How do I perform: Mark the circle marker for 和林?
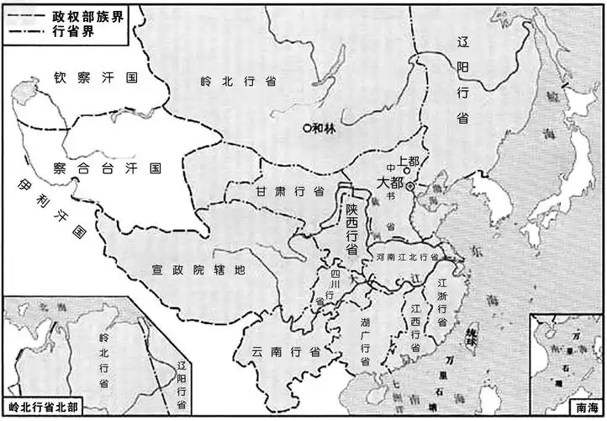click(x=307, y=128)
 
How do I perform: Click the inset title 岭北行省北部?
click(x=42, y=407)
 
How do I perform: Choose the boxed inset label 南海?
click(x=588, y=407)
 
